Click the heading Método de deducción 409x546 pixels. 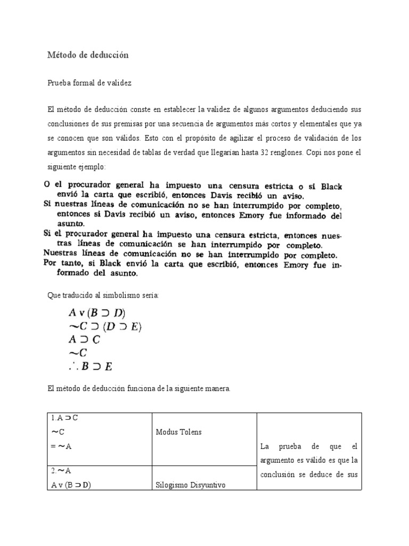[88, 55]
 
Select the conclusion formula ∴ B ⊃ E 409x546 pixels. [90, 366]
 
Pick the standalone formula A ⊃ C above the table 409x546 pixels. [84, 339]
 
